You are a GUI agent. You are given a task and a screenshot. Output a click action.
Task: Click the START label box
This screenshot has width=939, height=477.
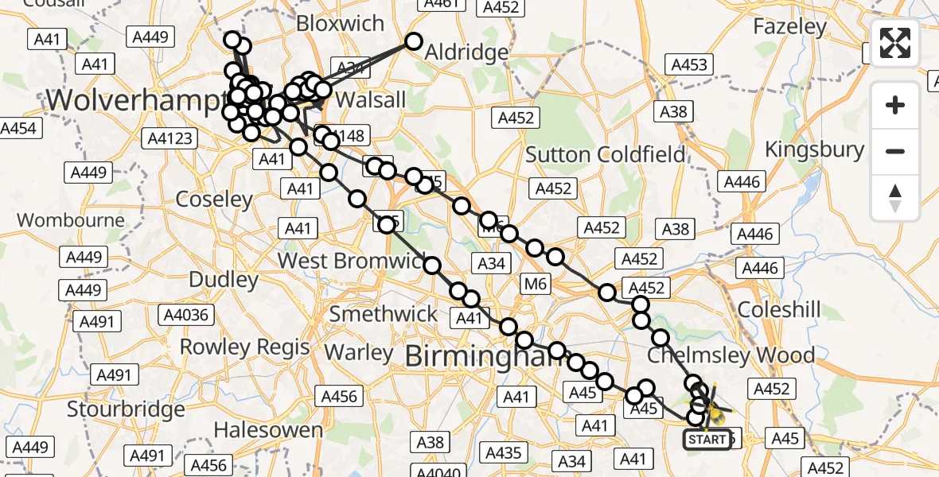(x=707, y=439)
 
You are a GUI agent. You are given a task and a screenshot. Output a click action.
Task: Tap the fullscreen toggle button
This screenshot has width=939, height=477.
(x=895, y=43)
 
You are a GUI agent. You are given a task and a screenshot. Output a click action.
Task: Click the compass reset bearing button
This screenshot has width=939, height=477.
(x=895, y=198)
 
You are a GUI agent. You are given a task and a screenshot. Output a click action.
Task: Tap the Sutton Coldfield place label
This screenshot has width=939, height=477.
(x=606, y=154)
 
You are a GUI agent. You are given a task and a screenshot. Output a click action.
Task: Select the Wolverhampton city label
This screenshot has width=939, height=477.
(x=135, y=101)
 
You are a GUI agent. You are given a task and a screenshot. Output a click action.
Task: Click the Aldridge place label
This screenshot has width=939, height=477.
(x=466, y=53)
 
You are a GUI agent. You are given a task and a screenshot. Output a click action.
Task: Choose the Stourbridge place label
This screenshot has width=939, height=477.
(x=126, y=409)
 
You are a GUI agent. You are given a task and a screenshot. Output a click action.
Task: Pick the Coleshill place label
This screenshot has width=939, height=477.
(x=779, y=309)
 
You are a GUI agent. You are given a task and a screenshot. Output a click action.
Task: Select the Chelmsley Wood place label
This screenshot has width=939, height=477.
(x=731, y=355)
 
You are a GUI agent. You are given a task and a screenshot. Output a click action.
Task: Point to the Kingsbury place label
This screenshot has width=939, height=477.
(x=814, y=149)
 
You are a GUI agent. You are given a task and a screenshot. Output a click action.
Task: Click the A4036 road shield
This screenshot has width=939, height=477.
(x=185, y=315)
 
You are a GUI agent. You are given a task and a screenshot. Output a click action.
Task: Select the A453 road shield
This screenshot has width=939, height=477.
(x=689, y=64)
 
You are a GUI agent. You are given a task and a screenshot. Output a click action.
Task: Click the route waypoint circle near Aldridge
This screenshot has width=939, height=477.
(x=414, y=41)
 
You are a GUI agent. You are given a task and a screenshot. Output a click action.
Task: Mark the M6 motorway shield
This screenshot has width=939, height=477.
(x=536, y=284)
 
